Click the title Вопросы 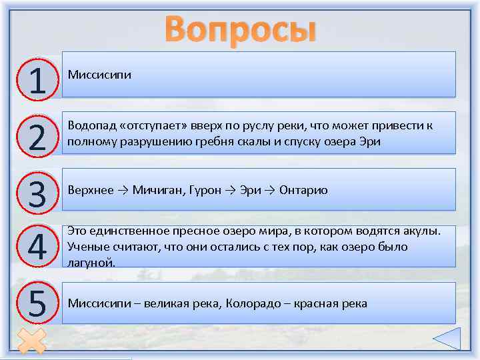(240, 29)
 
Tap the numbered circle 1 (38, 79)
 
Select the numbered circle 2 (38, 136)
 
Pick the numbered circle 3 (38, 193)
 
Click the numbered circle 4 (38, 249)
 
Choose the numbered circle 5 (38, 304)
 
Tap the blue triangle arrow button (446, 339)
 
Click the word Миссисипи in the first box (99, 74)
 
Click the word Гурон (205, 190)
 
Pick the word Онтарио (303, 190)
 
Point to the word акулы (422, 231)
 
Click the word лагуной (91, 262)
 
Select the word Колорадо (253, 303)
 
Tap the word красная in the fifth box (317, 303)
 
